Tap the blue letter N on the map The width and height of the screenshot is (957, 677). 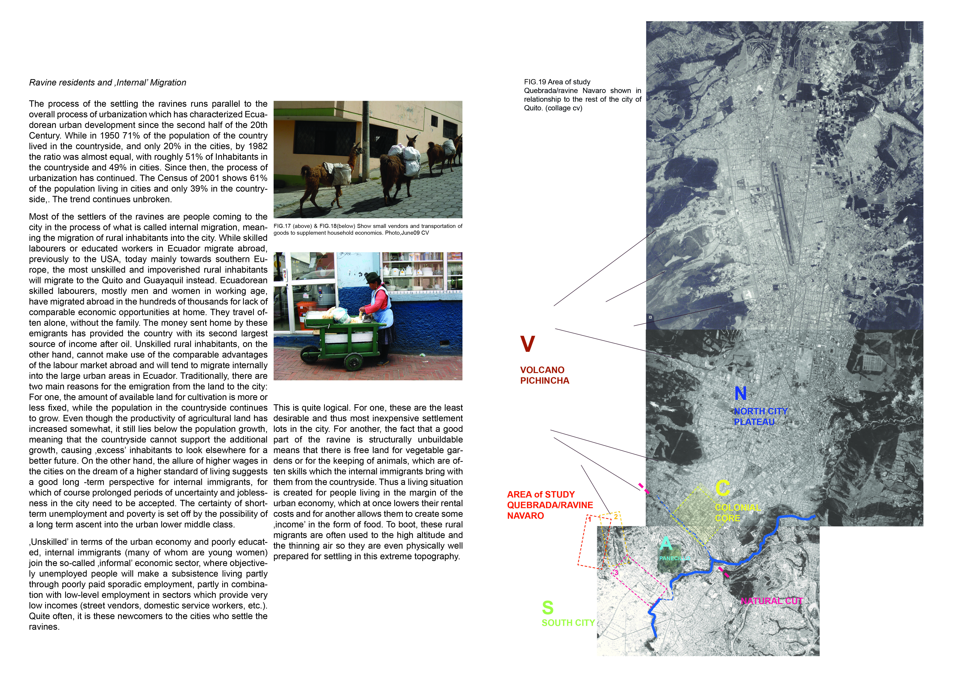click(740, 394)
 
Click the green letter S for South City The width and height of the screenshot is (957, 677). click(548, 608)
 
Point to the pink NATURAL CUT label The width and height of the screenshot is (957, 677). click(771, 601)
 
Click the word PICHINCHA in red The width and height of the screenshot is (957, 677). click(544, 381)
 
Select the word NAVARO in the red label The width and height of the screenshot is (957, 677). click(525, 516)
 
